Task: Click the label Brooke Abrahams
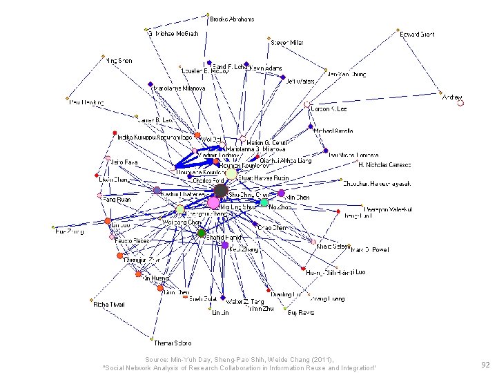[232, 19]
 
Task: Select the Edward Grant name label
[418, 34]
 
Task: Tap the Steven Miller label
[287, 42]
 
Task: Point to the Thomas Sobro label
[173, 343]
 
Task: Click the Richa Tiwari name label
[108, 303]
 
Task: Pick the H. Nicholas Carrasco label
[384, 165]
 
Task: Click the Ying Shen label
[119, 61]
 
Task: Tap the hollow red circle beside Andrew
[460, 103]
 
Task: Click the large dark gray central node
[221, 191]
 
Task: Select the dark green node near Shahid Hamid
[202, 233]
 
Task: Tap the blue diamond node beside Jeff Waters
[282, 77]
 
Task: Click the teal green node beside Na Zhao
[264, 202]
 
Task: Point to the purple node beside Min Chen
[281, 194]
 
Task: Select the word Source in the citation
[155, 359]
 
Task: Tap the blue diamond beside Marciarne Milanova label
[150, 86]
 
